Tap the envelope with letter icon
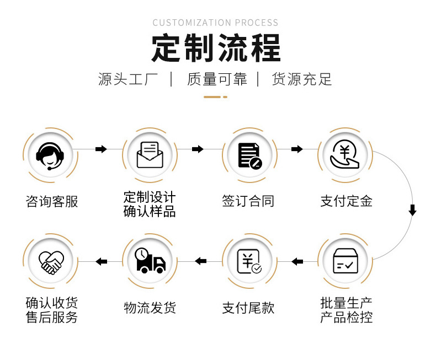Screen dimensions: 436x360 pos(150,155)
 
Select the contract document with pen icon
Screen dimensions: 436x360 pos(249,155)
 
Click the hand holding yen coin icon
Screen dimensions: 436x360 pos(345,154)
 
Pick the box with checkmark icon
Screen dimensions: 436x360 pos(345,261)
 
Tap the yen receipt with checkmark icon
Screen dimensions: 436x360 pos(249,261)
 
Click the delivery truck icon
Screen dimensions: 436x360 pos(150,260)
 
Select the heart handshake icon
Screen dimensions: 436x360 pos(51,262)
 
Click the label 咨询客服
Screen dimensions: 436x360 pos(52,201)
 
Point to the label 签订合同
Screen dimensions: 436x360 pos(248,201)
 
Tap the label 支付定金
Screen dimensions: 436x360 pos(346,201)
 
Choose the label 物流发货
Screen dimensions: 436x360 pos(150,308)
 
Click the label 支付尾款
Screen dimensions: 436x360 pos(248,308)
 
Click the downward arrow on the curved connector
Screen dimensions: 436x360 pos(413,210)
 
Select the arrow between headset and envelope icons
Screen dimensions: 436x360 pos(101,149)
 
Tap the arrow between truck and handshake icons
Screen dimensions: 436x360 pos(101,261)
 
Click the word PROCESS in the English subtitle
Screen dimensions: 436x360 pos(257,23)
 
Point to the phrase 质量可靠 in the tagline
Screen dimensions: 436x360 pos(217,79)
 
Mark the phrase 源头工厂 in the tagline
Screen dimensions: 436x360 pos(128,79)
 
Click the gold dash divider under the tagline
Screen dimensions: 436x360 pos(215,97)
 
